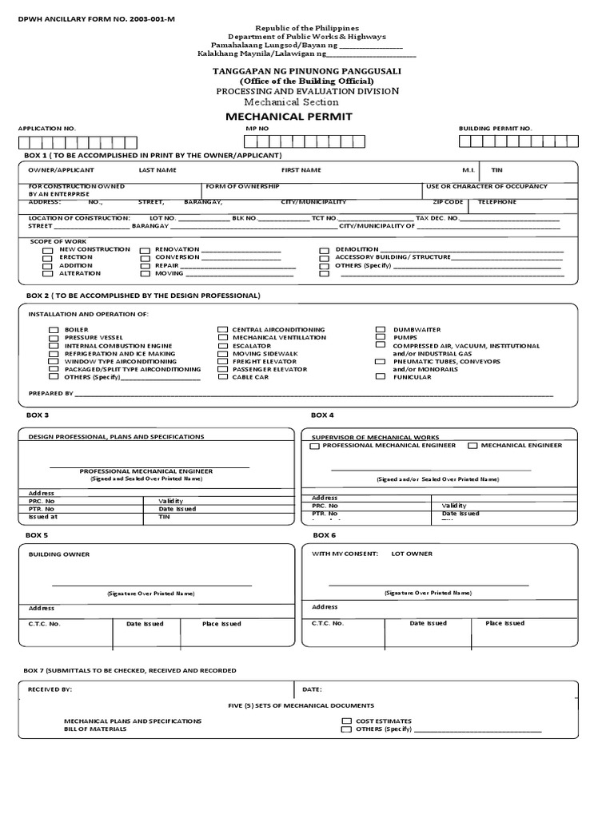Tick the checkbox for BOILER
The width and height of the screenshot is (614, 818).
point(54,330)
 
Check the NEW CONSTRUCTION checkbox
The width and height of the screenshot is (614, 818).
point(47,249)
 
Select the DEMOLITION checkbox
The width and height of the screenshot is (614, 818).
point(324,250)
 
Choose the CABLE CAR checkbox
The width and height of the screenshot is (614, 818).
point(221,377)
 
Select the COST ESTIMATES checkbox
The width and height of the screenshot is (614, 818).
point(346,721)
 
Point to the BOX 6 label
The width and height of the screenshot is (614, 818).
point(325,534)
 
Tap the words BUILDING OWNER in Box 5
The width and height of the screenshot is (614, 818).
point(59,554)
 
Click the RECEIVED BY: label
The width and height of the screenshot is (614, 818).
point(50,689)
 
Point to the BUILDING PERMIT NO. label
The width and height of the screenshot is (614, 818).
point(495,128)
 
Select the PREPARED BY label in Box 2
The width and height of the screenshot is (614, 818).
point(50,394)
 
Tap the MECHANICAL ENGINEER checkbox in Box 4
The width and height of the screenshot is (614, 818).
point(472,446)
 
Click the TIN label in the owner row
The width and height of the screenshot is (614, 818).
point(496,170)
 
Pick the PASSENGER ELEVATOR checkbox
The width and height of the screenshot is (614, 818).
point(221,369)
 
